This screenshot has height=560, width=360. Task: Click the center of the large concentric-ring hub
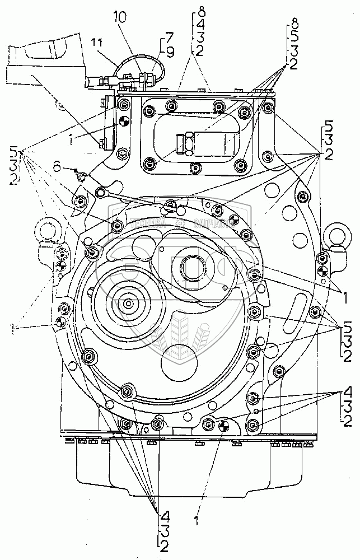129,304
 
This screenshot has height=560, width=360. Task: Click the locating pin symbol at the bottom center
223,427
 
